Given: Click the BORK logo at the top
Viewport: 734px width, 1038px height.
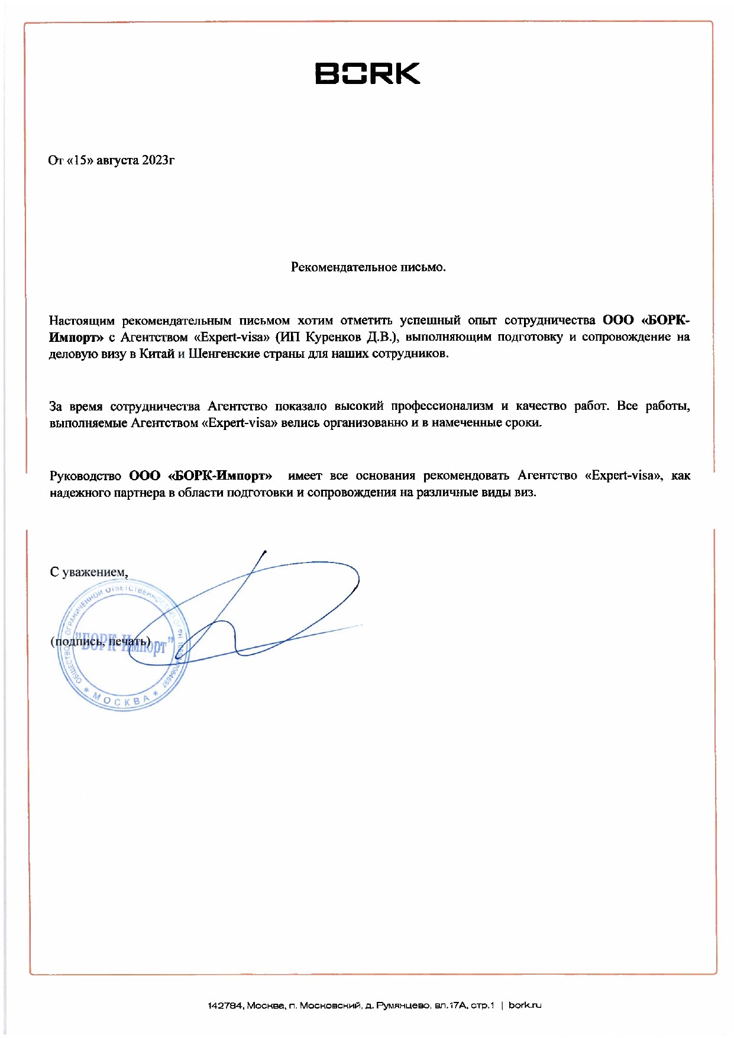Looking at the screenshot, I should (x=367, y=73).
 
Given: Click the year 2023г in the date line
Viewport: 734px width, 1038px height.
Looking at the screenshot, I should (x=158, y=160).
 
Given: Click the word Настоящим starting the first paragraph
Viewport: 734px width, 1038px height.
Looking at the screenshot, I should (x=82, y=321).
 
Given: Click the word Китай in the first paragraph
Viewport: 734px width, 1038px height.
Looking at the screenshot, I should (x=157, y=354).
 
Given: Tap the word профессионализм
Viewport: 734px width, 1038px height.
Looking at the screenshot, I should (x=442, y=406).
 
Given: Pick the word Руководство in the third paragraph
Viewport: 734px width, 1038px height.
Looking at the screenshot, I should (x=85, y=476).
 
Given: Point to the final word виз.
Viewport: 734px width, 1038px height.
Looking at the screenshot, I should (x=525, y=492).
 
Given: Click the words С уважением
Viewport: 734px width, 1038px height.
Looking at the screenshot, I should (x=89, y=572).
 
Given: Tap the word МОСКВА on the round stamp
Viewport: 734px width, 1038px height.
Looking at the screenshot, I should (x=121, y=701).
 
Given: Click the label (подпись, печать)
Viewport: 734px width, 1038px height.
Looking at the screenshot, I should (x=101, y=642).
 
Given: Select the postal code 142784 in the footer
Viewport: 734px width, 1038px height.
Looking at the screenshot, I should (x=225, y=1005).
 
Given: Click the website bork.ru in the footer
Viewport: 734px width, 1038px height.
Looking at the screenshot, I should (x=525, y=1005).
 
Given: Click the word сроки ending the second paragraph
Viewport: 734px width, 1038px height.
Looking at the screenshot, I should (x=523, y=423).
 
